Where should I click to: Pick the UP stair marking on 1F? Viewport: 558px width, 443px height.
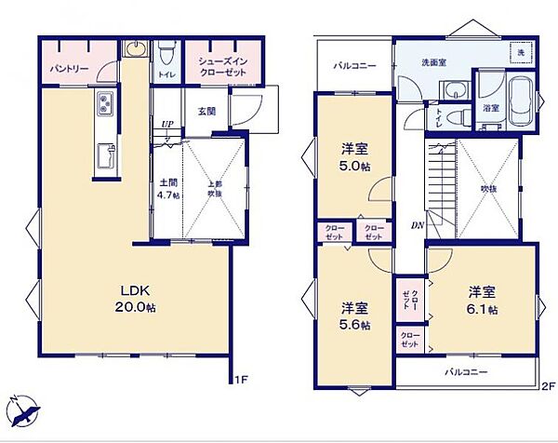(x=167, y=125)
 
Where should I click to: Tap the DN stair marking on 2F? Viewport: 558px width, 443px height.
(x=418, y=224)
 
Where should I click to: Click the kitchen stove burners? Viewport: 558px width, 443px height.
(x=102, y=103)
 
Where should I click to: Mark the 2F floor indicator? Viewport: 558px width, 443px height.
(x=548, y=383)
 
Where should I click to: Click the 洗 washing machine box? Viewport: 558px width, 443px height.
(x=522, y=52)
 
